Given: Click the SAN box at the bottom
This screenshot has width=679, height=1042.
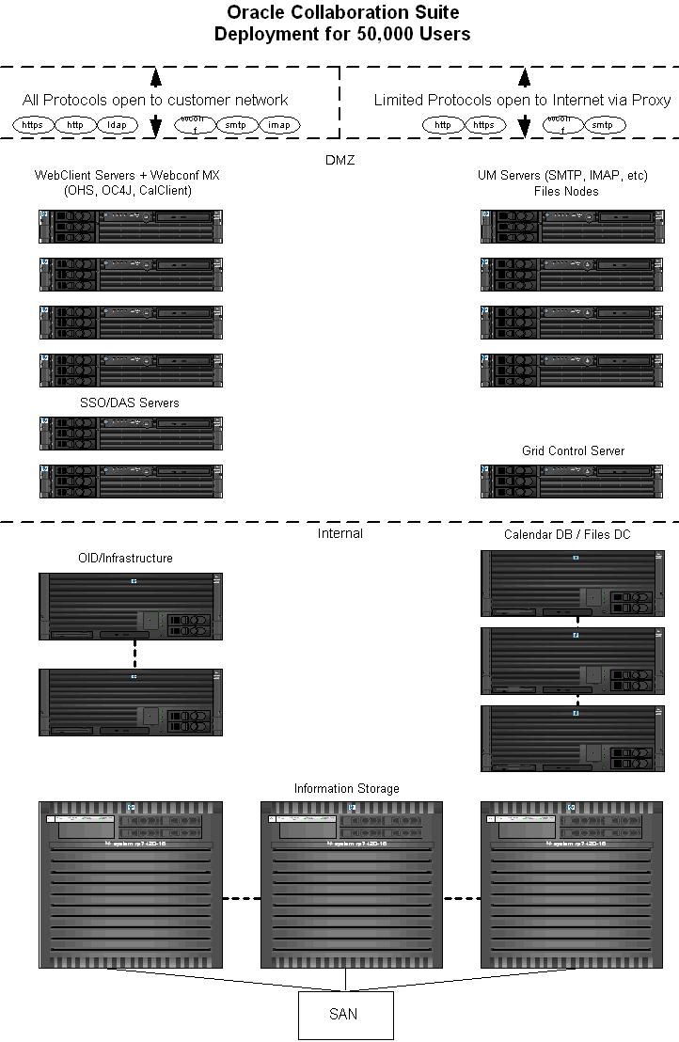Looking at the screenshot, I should coord(345,1015).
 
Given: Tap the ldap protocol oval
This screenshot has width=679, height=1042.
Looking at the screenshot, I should coord(118,125).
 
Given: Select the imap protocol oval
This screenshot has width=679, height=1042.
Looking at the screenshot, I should coord(279,125).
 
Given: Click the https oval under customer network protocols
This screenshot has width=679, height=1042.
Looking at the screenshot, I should coord(33,125).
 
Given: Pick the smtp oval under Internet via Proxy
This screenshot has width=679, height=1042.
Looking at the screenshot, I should coord(604,125).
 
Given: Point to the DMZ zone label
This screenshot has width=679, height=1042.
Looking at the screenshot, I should coord(339,160).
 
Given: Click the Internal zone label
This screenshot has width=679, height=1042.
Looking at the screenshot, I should coord(339,533).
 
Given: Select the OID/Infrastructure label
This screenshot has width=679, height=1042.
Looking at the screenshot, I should coord(125,558).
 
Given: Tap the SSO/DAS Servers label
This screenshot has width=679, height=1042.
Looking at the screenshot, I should coord(130,403).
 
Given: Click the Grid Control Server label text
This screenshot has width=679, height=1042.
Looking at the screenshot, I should coord(573,450).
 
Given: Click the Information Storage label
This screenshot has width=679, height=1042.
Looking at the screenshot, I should coord(346,788).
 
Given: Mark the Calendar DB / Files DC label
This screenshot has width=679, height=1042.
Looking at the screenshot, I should coord(566,534).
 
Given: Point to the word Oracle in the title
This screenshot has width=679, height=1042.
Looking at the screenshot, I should coord(255,12).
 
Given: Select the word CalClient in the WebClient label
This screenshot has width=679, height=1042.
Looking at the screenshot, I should coord(161,191).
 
